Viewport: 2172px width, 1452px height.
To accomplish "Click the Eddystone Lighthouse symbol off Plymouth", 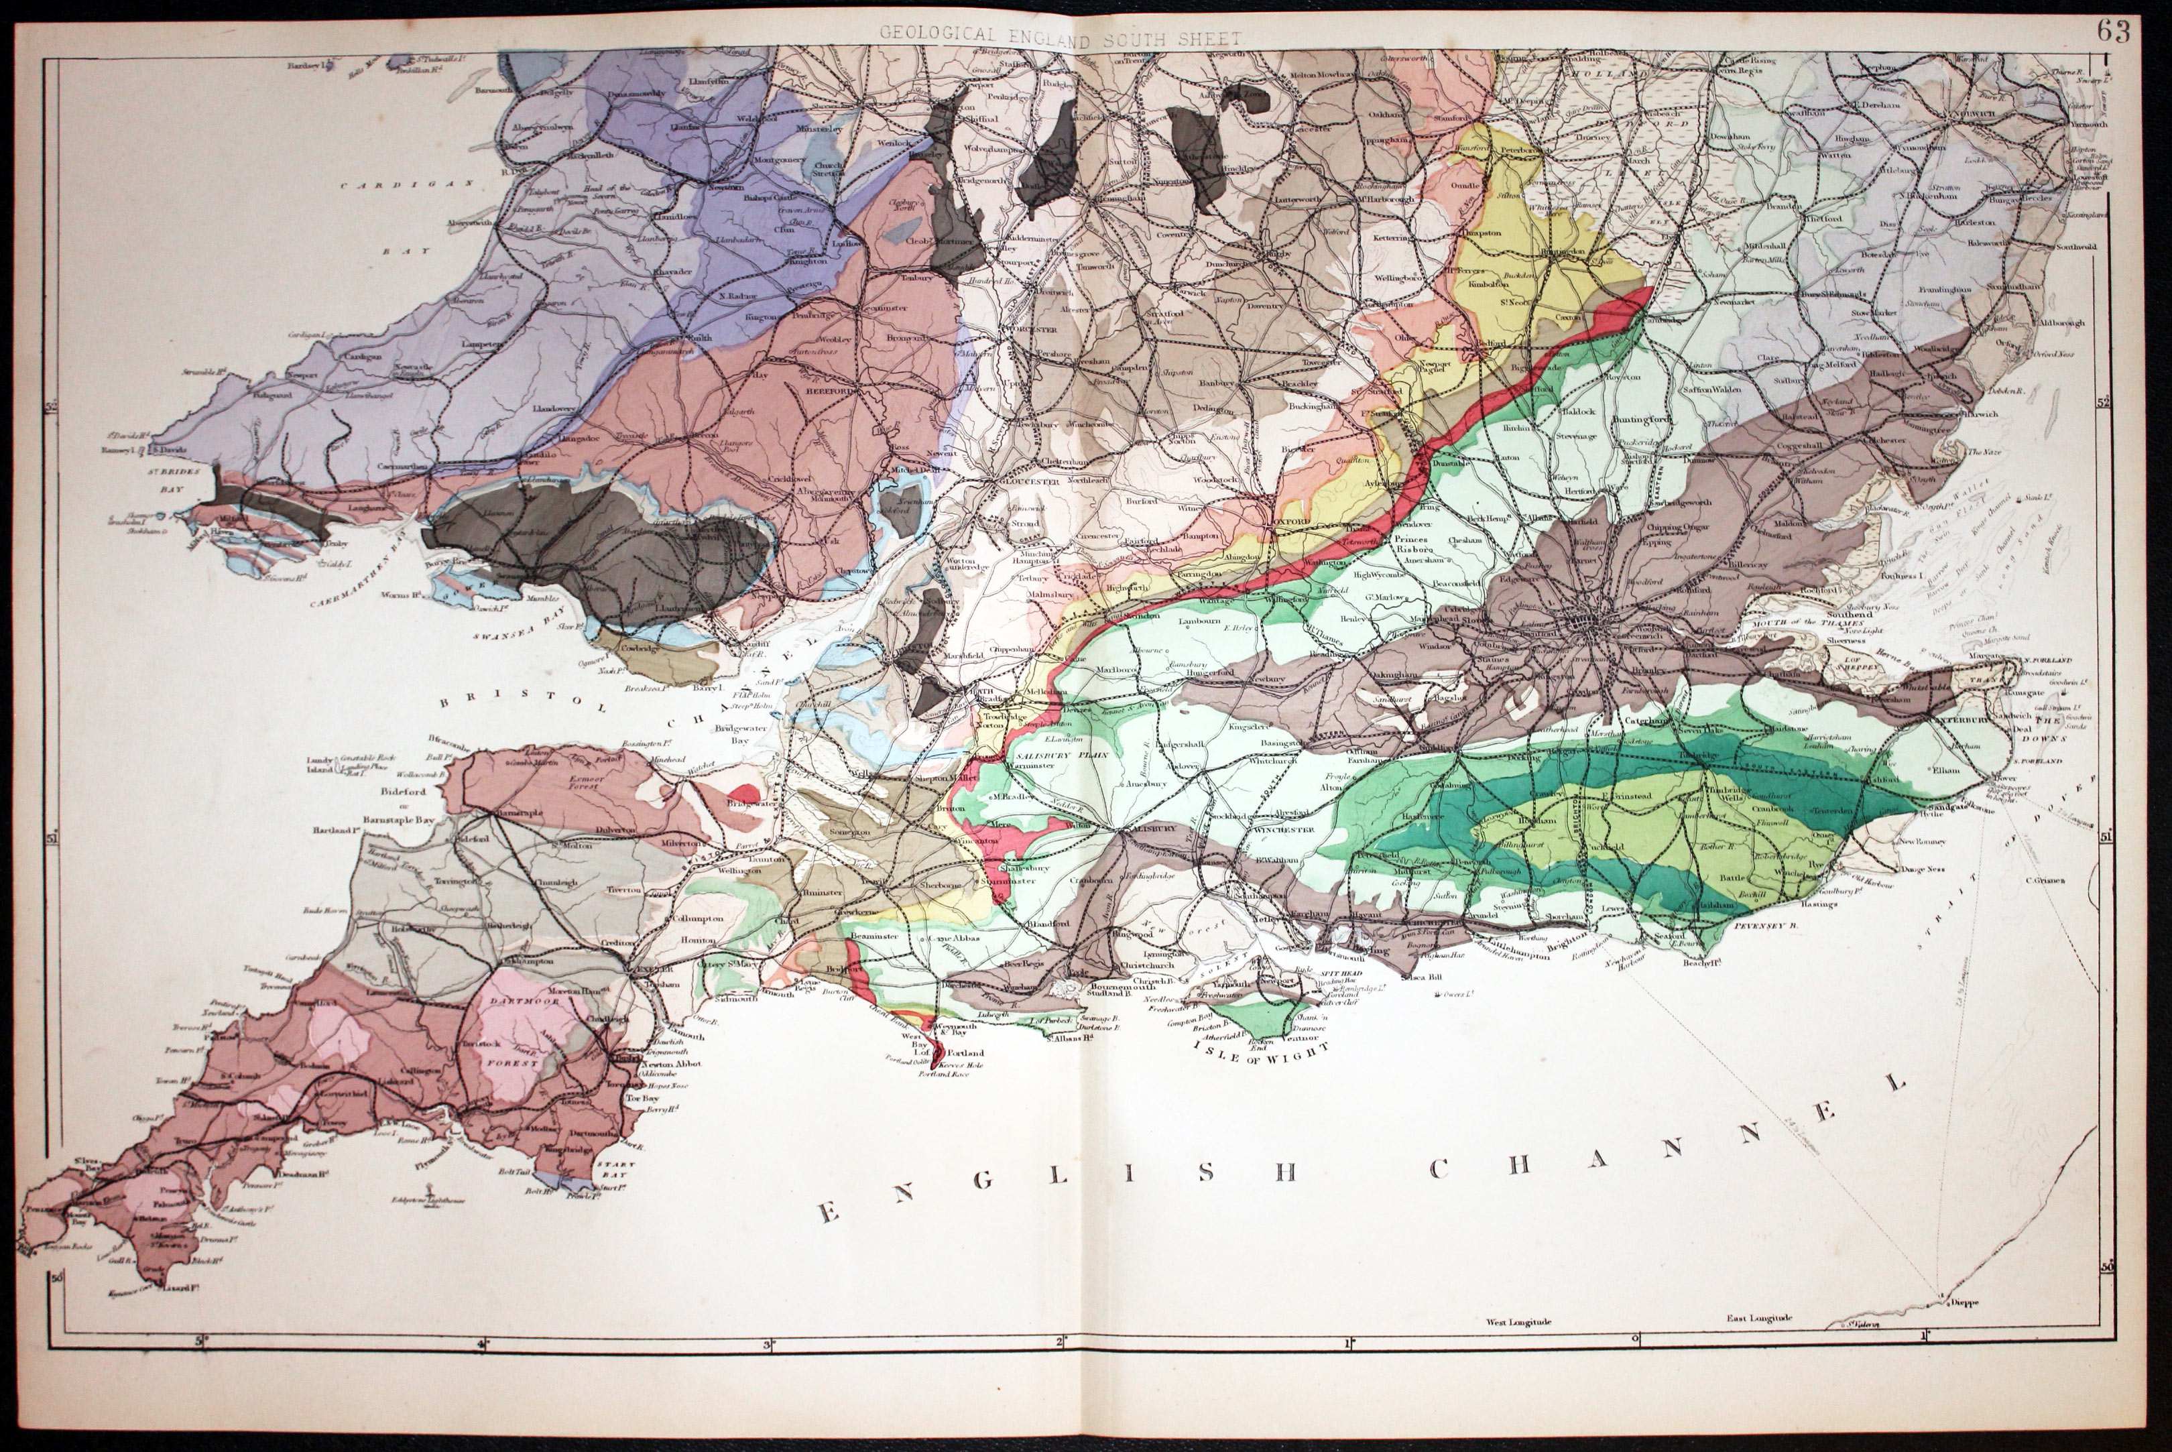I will (x=428, y=1201).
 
